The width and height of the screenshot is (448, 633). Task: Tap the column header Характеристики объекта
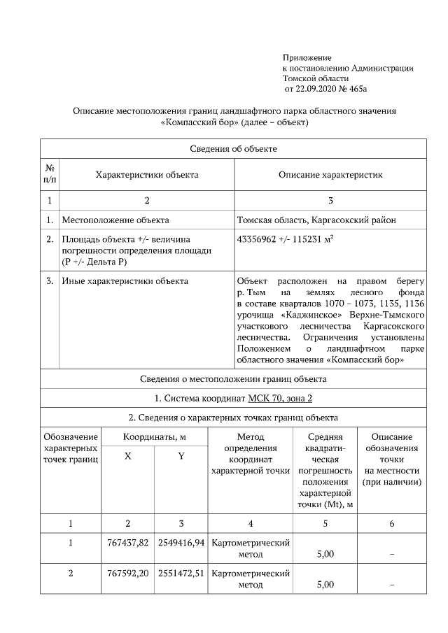point(146,174)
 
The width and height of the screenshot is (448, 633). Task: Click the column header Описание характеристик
point(330,174)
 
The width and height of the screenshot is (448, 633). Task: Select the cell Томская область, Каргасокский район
point(316,220)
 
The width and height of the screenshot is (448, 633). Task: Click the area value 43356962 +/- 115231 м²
point(285,239)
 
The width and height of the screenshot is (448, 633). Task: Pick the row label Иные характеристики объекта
point(125,281)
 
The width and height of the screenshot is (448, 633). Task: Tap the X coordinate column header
point(127,456)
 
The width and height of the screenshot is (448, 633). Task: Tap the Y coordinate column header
point(181,456)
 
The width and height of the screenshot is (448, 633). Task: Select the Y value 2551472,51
point(181,573)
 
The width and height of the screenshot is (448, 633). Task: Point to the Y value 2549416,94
point(181,543)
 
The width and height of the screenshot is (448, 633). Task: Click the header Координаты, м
point(154,436)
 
